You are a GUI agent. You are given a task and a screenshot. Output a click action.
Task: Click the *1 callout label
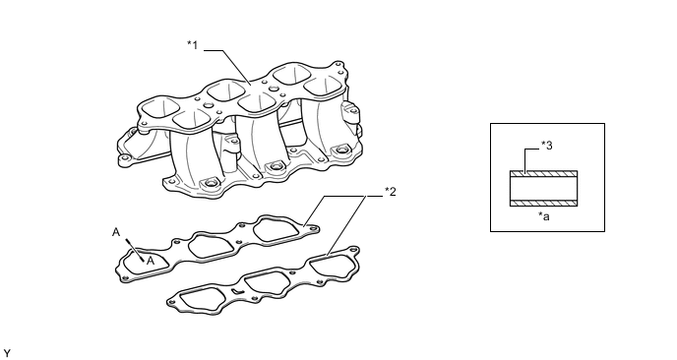193,44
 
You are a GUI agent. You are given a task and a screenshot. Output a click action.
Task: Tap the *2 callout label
391,192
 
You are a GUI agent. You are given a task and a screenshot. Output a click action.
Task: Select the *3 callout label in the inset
546,146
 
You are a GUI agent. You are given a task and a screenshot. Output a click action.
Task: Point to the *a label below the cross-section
544,216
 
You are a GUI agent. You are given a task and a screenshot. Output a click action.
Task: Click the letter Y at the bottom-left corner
7,354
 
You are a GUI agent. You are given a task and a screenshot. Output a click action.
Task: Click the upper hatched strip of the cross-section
543,173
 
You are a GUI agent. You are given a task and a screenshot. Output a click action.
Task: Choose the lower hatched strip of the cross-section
543,203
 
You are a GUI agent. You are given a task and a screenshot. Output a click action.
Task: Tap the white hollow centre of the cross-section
543,188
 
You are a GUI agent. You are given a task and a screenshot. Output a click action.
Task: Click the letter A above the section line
116,232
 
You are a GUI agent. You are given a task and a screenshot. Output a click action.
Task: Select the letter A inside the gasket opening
151,261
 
